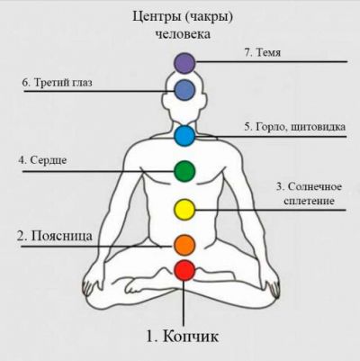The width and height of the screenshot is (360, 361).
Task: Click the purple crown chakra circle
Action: click(184, 63)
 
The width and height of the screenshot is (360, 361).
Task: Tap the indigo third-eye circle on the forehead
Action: click(184, 90)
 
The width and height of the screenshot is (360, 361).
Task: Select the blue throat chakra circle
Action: click(184, 136)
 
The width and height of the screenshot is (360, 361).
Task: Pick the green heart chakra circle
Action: click(184, 171)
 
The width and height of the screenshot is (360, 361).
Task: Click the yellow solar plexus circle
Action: click(184, 210)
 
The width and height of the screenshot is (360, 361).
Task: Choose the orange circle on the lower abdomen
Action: click(184, 246)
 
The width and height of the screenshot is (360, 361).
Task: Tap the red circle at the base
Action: click(184, 270)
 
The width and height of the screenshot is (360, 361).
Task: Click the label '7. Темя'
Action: click(263, 53)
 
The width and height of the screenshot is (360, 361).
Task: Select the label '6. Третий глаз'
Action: click(58, 83)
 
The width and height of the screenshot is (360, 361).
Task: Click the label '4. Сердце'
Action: click(42, 160)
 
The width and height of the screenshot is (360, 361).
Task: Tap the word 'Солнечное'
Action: click(315, 186)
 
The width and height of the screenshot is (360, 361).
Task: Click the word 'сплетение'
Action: click(309, 201)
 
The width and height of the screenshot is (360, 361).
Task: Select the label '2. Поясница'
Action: click(55, 236)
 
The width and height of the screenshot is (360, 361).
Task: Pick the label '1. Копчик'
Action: click(183, 336)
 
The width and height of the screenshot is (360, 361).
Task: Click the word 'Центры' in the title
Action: click(157, 17)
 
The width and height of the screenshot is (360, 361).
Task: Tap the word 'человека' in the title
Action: click(183, 34)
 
